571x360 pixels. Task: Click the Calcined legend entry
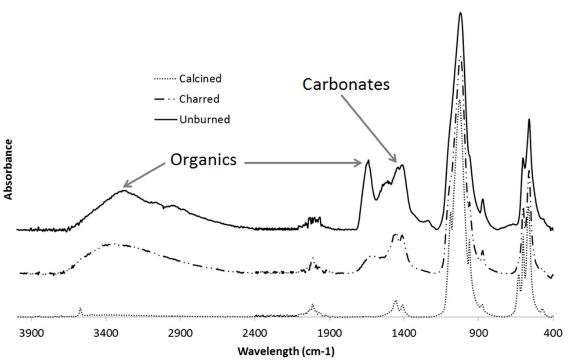coord(200,79)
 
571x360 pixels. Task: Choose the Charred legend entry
coord(199,99)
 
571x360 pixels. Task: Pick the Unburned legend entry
coord(204,119)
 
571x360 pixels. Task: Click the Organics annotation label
coord(203,160)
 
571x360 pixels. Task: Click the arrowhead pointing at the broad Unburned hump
coord(124,186)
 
